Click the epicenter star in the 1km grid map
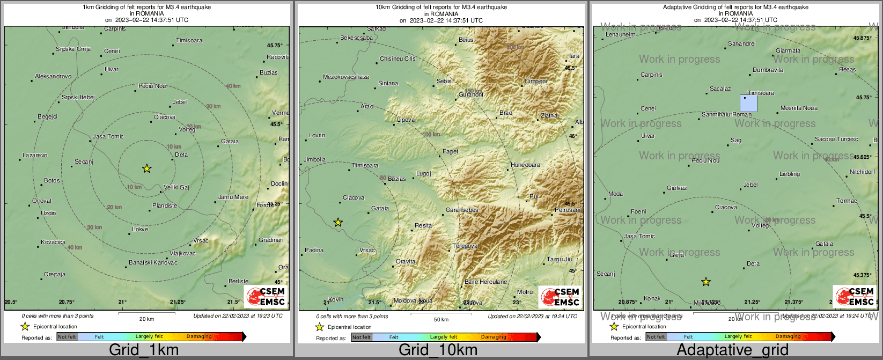pyautogui.click(x=146, y=168)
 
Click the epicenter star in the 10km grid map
pyautogui.click(x=338, y=222)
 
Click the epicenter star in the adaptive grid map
pyautogui.click(x=706, y=282)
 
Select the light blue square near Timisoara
pyautogui.click(x=748, y=103)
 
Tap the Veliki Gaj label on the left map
pyautogui.click(x=176, y=187)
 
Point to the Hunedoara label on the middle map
pyautogui.click(x=525, y=165)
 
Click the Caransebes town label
pyautogui.click(x=462, y=210)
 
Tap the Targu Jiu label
pyautogui.click(x=559, y=259)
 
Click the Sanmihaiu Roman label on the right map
pyautogui.click(x=727, y=114)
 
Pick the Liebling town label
pyautogui.click(x=790, y=174)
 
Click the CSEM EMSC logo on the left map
pyautogui.click(x=266, y=296)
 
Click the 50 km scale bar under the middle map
pyautogui.click(x=441, y=314)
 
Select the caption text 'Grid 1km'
pyautogui.click(x=144, y=350)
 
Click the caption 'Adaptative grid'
pyautogui.click(x=732, y=350)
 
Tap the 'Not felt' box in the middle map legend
pyautogui.click(x=361, y=337)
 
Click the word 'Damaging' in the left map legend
pyautogui.click(x=199, y=336)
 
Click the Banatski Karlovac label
pyautogui.click(x=153, y=262)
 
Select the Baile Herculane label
pyautogui.click(x=485, y=282)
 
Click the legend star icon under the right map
pyautogui.click(x=614, y=326)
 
